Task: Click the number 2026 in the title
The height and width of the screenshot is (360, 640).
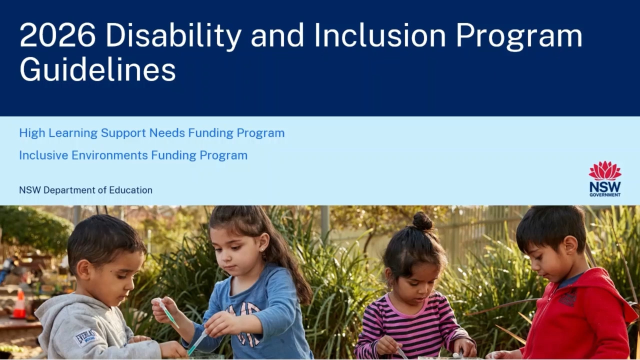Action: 57,35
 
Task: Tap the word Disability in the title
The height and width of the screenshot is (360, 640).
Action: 173,36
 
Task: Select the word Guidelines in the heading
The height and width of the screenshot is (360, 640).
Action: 97,69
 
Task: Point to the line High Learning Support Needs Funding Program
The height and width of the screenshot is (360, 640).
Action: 152,133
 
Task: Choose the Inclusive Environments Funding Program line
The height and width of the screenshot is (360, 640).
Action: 133,155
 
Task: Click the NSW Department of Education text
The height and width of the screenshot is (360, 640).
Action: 85,190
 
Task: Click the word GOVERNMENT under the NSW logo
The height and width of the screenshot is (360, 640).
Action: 605,195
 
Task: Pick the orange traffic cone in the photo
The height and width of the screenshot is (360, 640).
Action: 19,304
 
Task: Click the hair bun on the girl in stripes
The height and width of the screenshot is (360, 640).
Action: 422,221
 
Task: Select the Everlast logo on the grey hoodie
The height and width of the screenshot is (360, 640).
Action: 85,337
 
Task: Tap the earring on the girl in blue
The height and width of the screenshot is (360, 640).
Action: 261,249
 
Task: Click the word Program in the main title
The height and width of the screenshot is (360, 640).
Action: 519,36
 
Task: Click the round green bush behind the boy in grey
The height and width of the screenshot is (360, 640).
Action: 34,230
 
